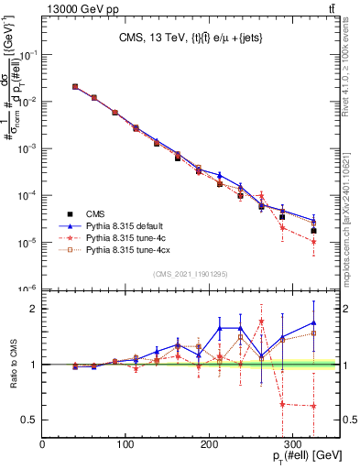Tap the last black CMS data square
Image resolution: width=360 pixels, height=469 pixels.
coord(313,231)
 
